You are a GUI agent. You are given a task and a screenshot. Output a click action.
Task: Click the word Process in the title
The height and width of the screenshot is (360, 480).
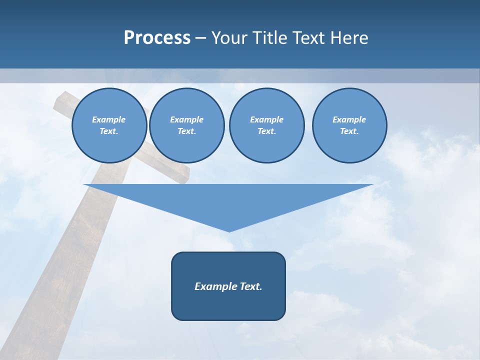pyautogui.click(x=157, y=38)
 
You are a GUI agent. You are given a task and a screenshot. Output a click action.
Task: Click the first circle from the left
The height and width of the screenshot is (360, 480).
pyautogui.click(x=109, y=125)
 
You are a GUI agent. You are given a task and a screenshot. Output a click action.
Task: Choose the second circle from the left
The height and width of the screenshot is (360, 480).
pyautogui.click(x=186, y=125)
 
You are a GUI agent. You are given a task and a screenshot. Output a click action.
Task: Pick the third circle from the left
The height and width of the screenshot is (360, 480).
pyautogui.click(x=266, y=125)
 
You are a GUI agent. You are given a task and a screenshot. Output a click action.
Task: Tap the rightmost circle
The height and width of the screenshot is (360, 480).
pyautogui.click(x=349, y=125)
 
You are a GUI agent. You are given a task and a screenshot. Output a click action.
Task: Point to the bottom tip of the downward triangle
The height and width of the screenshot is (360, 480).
pyautogui.click(x=229, y=231)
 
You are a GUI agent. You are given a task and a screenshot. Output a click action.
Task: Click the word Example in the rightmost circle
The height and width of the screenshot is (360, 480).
pyautogui.click(x=349, y=119)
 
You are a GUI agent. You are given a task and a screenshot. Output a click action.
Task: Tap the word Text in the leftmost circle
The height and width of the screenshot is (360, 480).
pyautogui.click(x=109, y=131)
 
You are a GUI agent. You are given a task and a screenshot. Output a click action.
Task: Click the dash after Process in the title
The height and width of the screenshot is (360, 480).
pyautogui.click(x=200, y=38)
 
